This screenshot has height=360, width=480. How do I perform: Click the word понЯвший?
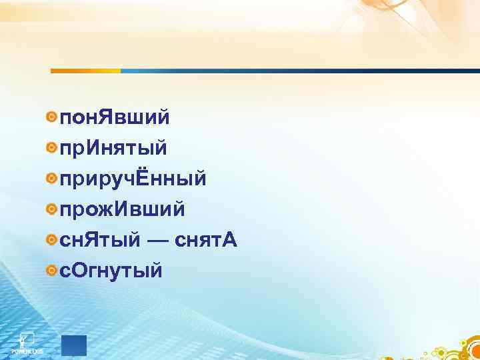(x=115, y=119)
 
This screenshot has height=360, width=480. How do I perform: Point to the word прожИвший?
(x=123, y=210)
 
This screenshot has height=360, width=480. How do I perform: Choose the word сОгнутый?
(x=111, y=271)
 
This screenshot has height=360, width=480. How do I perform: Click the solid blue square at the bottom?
(x=73, y=345)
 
